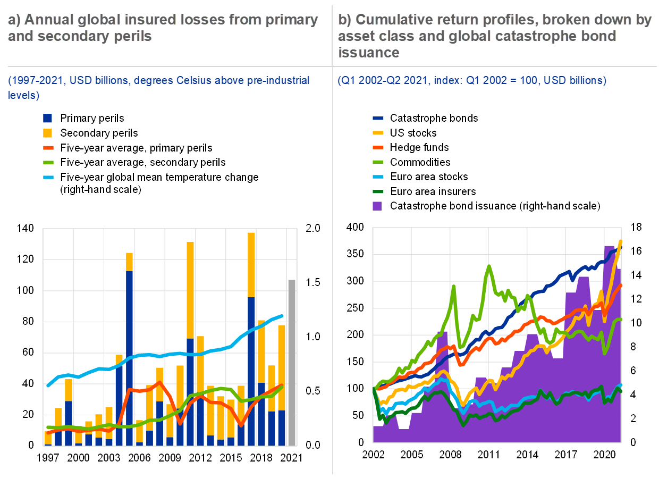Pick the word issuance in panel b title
tap(368, 52)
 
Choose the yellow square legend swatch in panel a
tap(48, 133)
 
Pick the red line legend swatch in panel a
tap(48, 148)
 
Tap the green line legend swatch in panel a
tap(48, 162)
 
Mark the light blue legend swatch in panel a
tap(48, 177)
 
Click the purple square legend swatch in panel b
tap(377, 206)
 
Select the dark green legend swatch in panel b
tap(378, 191)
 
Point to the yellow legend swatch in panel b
tap(378, 133)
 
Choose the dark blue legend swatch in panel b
tap(378, 119)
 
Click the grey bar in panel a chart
tap(292, 362)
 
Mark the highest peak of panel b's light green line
tap(488, 265)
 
